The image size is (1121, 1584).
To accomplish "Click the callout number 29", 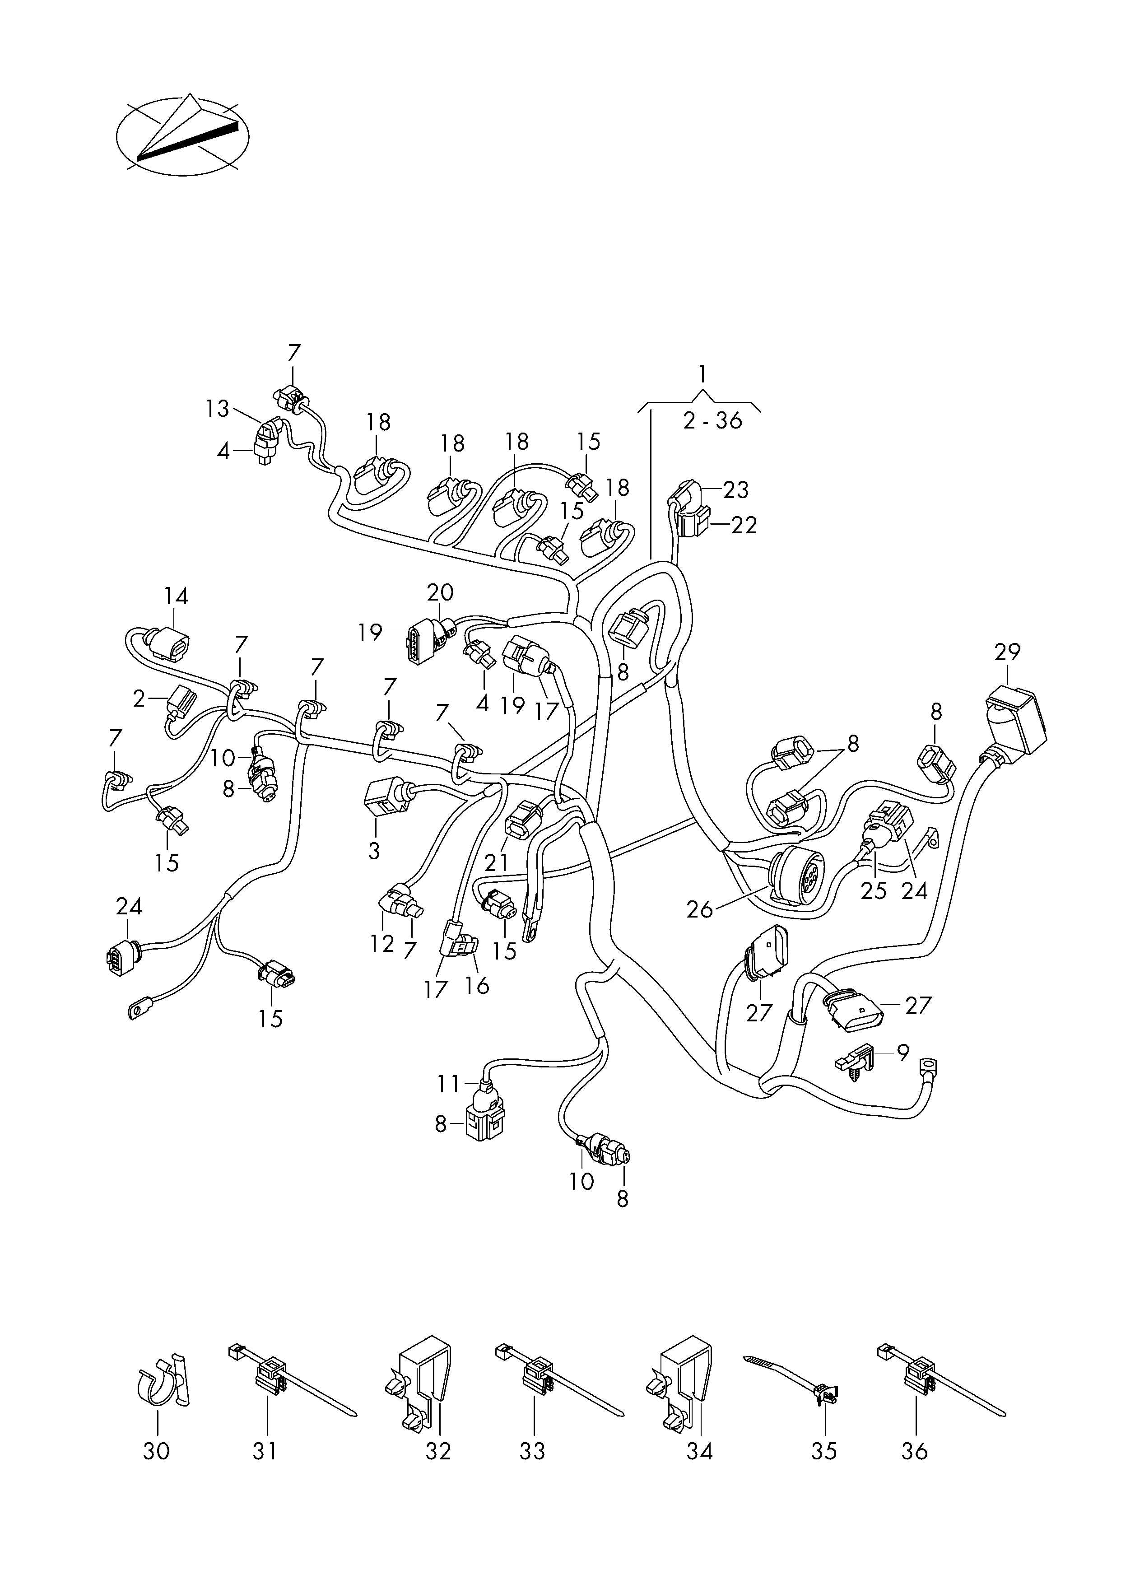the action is click(1007, 652).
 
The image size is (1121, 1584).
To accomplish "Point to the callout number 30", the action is click(156, 1451).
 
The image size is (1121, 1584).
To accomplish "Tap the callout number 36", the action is click(915, 1451).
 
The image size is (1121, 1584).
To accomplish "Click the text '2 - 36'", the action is click(712, 420).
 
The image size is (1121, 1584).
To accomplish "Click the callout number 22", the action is click(744, 525).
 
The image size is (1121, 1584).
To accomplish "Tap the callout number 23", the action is click(736, 489).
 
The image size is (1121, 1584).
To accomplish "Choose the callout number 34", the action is click(699, 1451).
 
